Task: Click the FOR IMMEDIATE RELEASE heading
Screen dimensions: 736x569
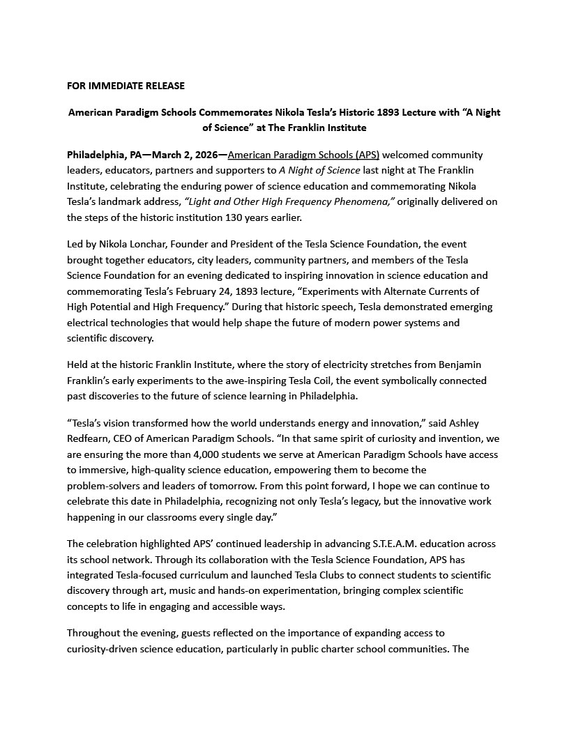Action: (x=126, y=86)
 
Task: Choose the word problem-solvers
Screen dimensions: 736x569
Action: (x=104, y=486)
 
